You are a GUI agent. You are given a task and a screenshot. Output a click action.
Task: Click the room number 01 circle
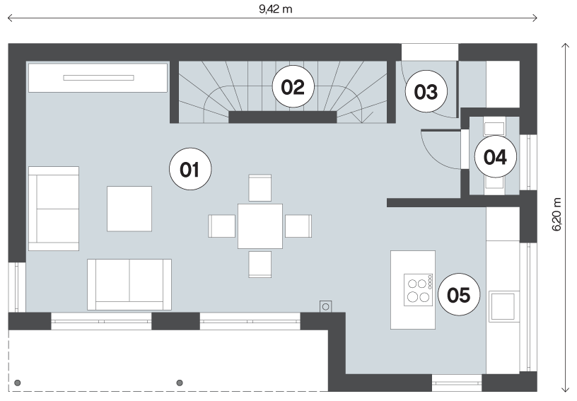pos(190,169)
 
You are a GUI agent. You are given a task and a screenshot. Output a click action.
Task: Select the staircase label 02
pos(293,87)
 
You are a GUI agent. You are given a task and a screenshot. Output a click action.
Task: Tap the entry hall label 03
pos(426,91)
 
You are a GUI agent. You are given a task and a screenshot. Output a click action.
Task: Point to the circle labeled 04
pos(495,157)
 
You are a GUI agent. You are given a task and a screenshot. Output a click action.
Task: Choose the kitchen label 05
pos(459,294)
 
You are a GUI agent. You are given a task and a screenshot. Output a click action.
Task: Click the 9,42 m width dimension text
pos(276,9)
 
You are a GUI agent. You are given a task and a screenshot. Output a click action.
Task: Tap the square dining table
pos(260,226)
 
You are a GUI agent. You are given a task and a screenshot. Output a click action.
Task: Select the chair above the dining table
pos(260,187)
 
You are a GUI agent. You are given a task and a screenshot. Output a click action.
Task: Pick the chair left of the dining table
pos(222,226)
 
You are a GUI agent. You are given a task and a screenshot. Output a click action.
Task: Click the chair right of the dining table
pos(298,226)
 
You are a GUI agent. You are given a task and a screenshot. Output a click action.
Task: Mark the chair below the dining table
pos(260,264)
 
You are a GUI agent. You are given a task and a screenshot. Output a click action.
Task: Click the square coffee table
pos(129,209)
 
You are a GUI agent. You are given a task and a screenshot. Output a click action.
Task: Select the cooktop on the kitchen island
pos(419,290)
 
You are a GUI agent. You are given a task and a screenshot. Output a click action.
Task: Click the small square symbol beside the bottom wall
pos(326,306)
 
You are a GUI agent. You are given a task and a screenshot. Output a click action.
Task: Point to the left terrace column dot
pos(17,383)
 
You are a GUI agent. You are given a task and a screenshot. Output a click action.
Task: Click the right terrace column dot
pos(180,383)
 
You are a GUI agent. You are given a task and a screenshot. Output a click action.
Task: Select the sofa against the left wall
pos(54,209)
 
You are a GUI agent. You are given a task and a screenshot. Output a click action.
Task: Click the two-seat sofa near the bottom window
pos(129,285)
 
